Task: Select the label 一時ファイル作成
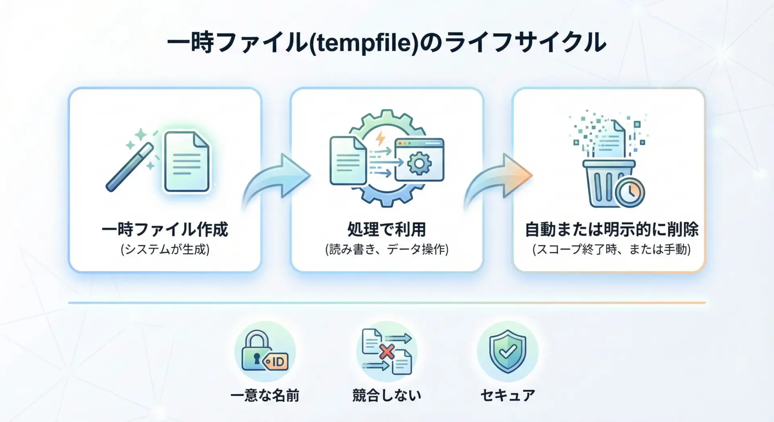pos(165,230)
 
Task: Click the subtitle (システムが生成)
pos(165,249)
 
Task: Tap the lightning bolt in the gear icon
pos(380,138)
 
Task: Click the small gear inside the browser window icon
pos(419,163)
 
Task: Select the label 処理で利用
pos(387,230)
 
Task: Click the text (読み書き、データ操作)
pos(387,249)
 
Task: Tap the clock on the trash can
pos(630,192)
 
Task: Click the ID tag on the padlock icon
pos(276,362)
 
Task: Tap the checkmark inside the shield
pos(508,352)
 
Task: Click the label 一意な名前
pos(265,395)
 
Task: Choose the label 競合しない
pos(387,395)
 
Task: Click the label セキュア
pos(508,395)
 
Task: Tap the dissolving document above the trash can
pos(611,139)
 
